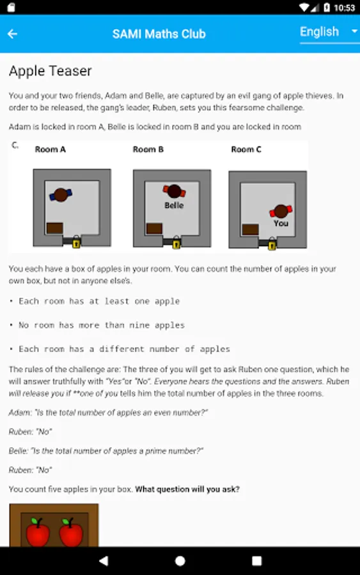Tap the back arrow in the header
tap(13, 34)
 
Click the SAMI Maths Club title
tap(159, 34)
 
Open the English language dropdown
tap(329, 32)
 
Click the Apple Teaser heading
tap(51, 71)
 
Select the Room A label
tap(51, 149)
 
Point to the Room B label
tap(148, 149)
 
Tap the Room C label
tap(246, 149)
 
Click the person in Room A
tap(61, 194)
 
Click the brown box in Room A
tap(55, 228)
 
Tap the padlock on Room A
tap(76, 242)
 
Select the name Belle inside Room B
tap(174, 205)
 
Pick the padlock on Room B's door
tap(176, 243)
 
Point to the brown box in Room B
tap(154, 229)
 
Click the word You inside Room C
tap(281, 224)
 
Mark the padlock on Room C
tap(272, 244)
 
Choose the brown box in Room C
tap(250, 229)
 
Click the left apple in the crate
tap(38, 532)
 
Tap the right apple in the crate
tap(71, 532)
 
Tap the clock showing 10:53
tap(344, 8)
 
